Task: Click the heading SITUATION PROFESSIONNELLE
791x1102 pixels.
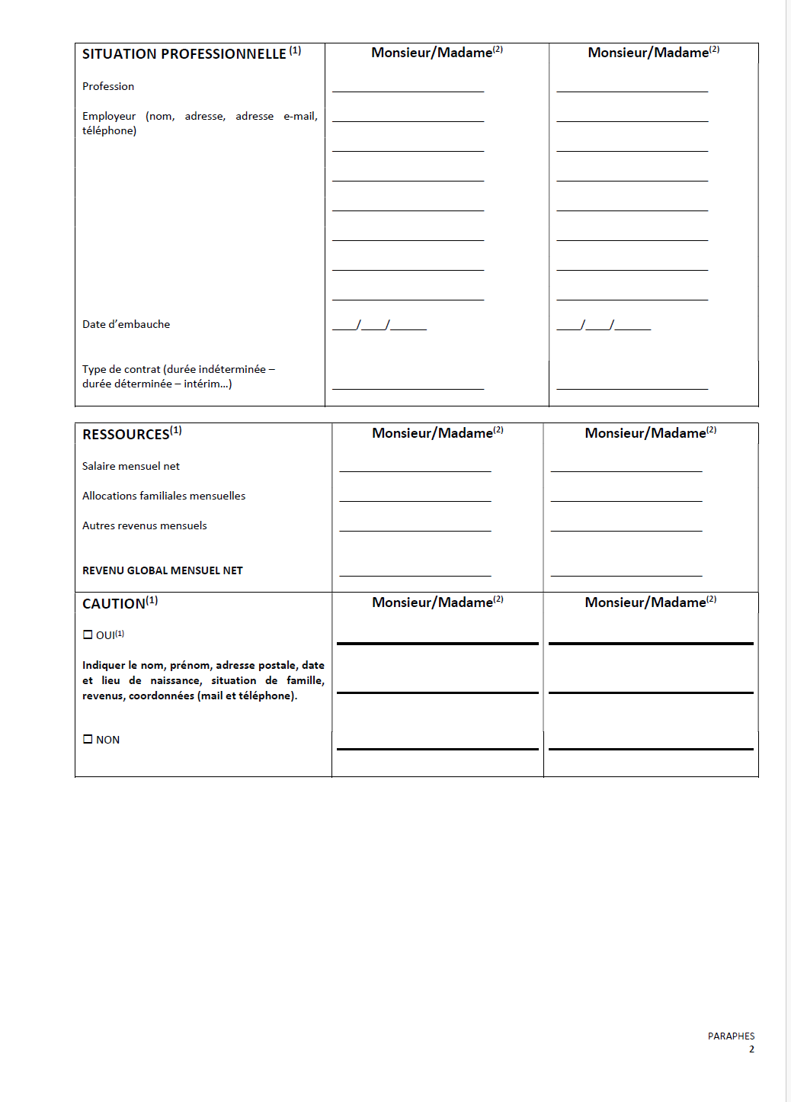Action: pyautogui.click(x=184, y=54)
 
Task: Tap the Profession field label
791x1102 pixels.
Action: pyautogui.click(x=108, y=86)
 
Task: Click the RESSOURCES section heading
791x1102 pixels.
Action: pyautogui.click(x=126, y=435)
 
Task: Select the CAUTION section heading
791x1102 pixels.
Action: pyautogui.click(x=114, y=604)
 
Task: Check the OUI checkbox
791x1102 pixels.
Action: pyautogui.click(x=88, y=635)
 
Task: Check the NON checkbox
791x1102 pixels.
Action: pyautogui.click(x=88, y=739)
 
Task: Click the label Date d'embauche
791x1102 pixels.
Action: pyautogui.click(x=126, y=324)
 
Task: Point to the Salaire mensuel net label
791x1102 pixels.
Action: pyautogui.click(x=131, y=466)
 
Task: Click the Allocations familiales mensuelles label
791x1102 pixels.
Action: pyautogui.click(x=164, y=496)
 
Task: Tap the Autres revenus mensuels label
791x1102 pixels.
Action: pyautogui.click(x=145, y=525)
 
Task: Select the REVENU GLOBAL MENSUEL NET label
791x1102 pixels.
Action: pyautogui.click(x=162, y=570)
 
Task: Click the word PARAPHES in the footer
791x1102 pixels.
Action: pyautogui.click(x=731, y=1036)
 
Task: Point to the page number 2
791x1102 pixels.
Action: pyautogui.click(x=751, y=1049)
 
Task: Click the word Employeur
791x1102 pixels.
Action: pyautogui.click(x=109, y=116)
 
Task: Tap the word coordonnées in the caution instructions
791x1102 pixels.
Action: pyautogui.click(x=161, y=696)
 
